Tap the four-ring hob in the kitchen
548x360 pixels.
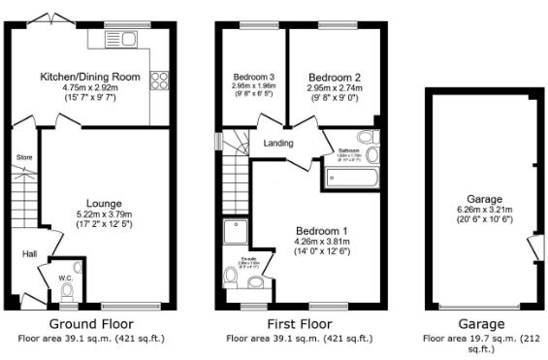[x=157, y=82]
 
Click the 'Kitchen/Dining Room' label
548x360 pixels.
[x=89, y=77]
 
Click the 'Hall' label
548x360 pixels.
[x=30, y=254]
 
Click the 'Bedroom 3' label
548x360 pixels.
[x=254, y=77]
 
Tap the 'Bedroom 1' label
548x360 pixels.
[x=322, y=230]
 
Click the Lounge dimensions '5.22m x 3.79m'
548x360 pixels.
[x=104, y=215]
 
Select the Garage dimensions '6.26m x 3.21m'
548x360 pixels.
[x=482, y=207]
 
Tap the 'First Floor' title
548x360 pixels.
[x=299, y=324]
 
